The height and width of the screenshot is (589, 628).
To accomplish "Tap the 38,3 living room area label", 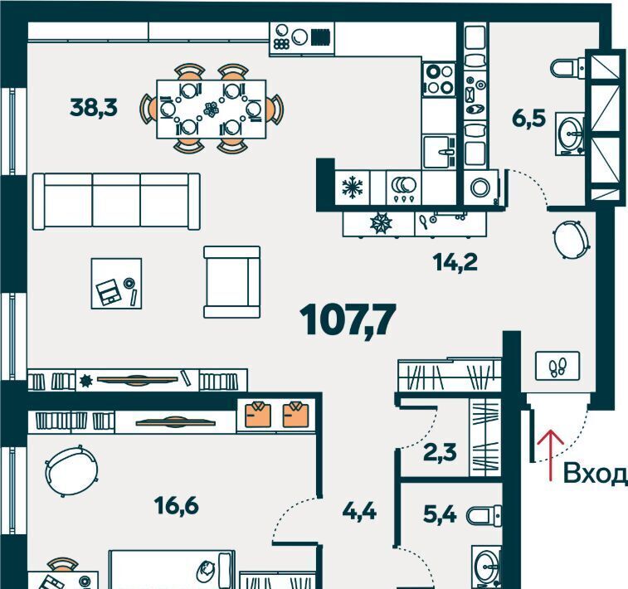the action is coord(94,108).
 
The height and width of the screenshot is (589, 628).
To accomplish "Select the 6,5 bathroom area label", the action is coord(528,118).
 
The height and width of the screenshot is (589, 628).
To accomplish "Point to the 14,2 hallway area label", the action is coord(455,263).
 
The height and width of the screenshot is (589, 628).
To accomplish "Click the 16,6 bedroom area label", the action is coord(176,506).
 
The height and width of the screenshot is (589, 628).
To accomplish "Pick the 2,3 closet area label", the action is coord(440,452).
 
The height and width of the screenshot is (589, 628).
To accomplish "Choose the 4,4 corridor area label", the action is coord(359,511).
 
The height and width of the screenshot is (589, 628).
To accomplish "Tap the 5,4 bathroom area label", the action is coord(440,514).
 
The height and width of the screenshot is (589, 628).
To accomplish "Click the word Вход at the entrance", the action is coord(595,474).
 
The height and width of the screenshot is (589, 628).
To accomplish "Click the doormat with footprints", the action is coord(557,366).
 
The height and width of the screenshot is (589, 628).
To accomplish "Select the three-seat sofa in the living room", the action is coord(116,202).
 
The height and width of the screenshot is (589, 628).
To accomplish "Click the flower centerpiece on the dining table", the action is coord(211,110).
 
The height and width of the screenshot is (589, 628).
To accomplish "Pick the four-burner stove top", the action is coord(440,80).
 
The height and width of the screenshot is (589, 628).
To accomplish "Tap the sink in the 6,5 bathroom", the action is coord(570,134).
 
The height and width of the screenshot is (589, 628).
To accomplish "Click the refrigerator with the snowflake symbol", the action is coord(353,187).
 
